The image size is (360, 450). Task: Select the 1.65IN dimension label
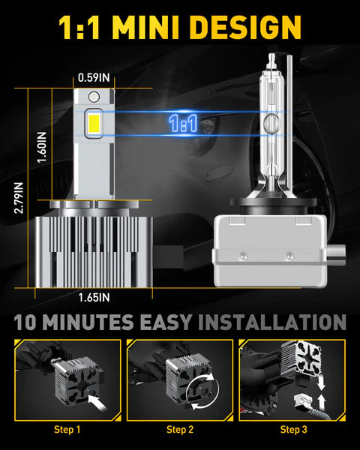(95, 297)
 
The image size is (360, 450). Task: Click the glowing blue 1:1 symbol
(183, 124)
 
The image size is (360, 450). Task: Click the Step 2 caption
(180, 430)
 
